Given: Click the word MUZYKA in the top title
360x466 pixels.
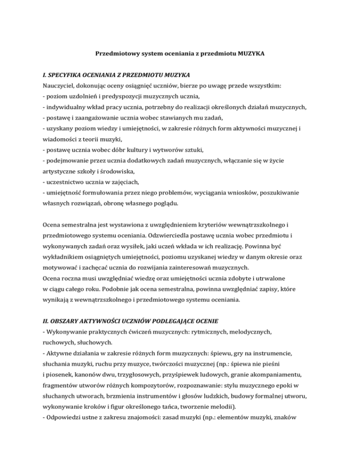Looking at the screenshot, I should [x=251, y=54].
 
